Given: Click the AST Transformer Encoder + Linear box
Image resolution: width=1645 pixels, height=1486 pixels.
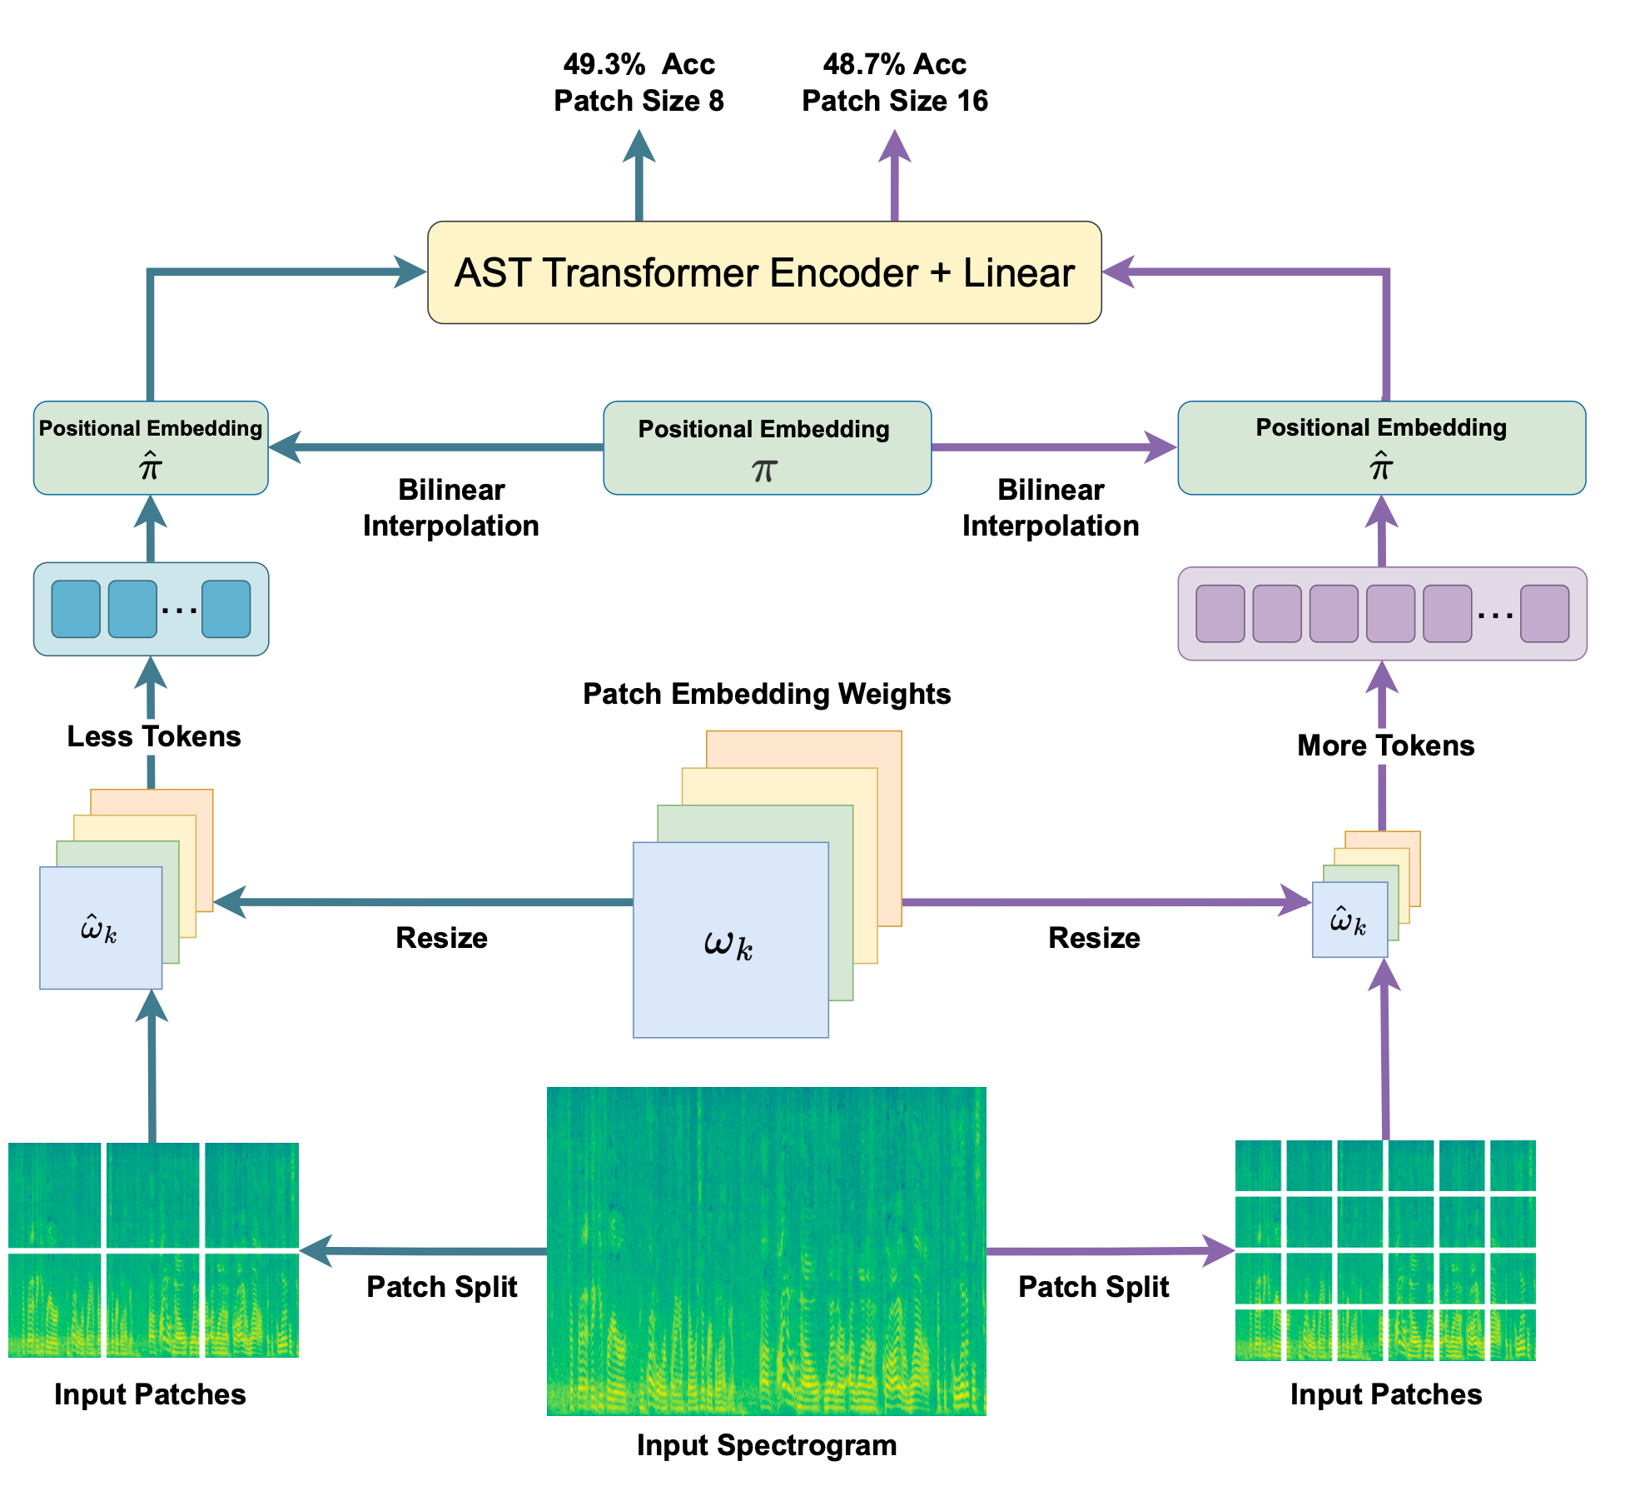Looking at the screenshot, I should [763, 272].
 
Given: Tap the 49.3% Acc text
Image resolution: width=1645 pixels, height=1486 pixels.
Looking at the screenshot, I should [639, 64].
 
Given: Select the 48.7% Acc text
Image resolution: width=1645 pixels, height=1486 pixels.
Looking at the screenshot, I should [894, 64].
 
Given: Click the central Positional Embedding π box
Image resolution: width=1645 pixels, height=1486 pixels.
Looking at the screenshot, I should [767, 448].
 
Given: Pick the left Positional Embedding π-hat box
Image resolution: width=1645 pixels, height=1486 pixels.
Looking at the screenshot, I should [151, 448].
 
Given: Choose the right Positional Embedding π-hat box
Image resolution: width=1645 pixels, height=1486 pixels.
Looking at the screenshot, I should [1381, 448].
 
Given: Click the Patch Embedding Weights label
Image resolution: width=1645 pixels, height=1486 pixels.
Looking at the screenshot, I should [766, 693].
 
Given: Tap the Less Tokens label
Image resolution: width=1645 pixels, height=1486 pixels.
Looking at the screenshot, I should [154, 736].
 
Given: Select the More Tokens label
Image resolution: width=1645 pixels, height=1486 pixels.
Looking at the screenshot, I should [1385, 745].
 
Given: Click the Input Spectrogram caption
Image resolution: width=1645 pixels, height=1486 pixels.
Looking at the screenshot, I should [766, 1445].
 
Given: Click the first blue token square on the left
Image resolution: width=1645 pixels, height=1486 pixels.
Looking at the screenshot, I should [76, 609].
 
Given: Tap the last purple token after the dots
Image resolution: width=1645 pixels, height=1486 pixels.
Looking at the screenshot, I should [1544, 614].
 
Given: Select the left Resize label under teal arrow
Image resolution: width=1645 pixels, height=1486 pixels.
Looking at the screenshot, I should [441, 938].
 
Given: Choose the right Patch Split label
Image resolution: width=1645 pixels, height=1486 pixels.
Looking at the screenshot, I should [1093, 1287].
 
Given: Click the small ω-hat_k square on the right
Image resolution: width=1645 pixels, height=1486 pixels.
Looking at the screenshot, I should [1349, 920].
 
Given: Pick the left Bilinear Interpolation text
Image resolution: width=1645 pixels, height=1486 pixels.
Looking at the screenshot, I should [451, 507].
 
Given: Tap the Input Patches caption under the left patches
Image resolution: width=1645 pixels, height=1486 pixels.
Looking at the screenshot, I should [150, 1394].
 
